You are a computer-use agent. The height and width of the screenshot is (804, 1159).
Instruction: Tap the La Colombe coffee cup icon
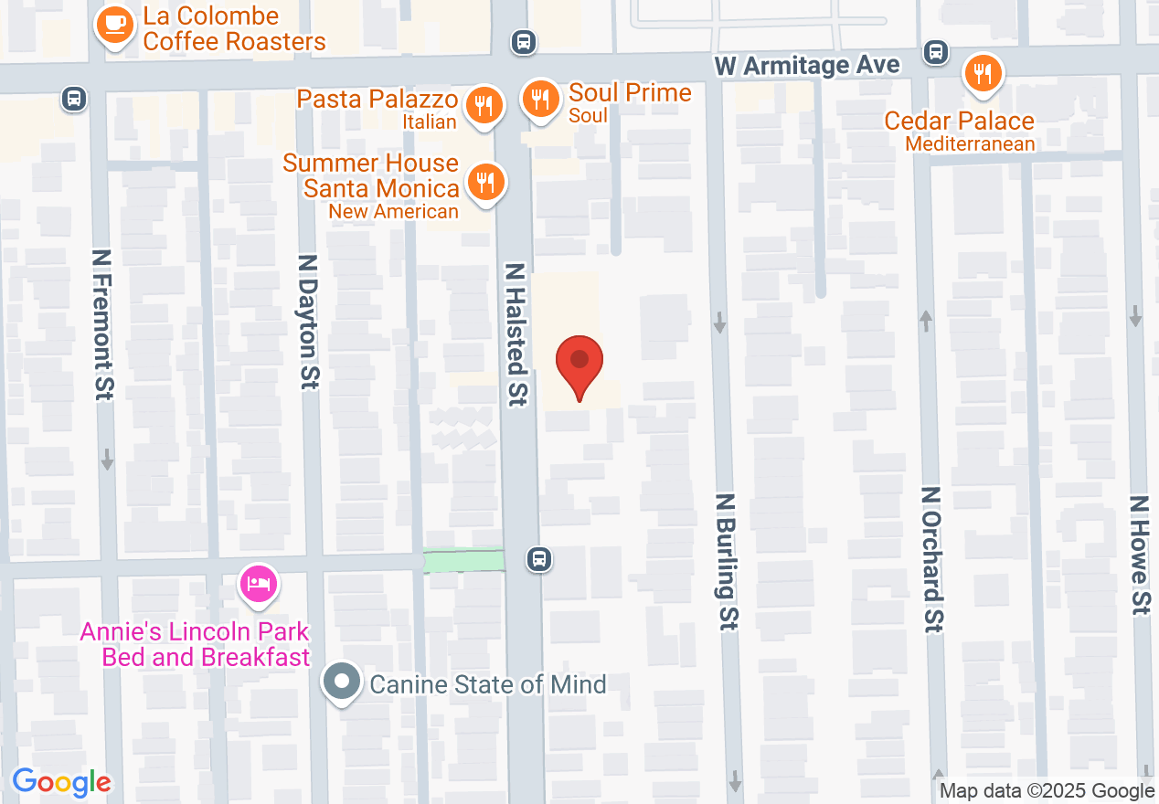[114, 26]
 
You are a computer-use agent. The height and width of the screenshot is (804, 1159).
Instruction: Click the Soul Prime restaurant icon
[541, 99]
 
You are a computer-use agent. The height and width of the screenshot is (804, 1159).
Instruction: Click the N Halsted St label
[517, 334]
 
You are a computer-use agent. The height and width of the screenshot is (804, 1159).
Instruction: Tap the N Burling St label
[727, 562]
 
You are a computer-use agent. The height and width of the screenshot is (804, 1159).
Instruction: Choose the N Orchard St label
[931, 558]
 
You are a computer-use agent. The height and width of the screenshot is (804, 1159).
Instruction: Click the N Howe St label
[1139, 555]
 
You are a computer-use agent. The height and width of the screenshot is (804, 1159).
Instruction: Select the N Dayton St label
[309, 321]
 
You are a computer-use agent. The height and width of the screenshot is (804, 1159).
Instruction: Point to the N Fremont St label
[103, 324]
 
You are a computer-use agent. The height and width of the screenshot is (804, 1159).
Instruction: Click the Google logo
[61, 782]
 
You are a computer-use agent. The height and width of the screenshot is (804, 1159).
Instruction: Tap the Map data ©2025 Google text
[1047, 791]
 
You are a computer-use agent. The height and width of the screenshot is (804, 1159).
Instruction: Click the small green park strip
[464, 560]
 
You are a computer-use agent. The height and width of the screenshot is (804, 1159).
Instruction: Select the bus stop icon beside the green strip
[539, 559]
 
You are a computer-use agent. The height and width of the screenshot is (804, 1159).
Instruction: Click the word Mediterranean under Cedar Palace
[970, 144]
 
